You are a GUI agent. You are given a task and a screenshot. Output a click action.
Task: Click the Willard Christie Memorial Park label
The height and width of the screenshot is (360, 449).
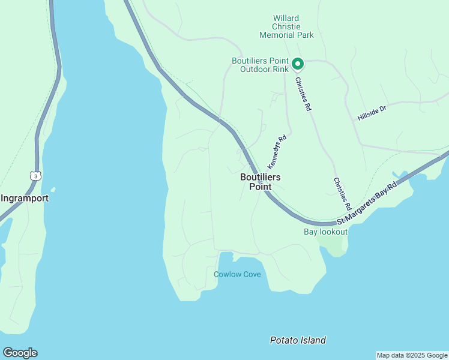pyautogui.click(x=286, y=27)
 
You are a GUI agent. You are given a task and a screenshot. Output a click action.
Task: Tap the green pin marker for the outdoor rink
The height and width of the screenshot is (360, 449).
pyautogui.click(x=297, y=63)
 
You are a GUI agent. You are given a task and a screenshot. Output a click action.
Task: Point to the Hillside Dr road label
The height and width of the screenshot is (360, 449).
pyautogui.click(x=372, y=112)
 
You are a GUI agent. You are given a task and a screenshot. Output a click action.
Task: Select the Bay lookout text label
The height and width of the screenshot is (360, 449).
pyautogui.click(x=325, y=232)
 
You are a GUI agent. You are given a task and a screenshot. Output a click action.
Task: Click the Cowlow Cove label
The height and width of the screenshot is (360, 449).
pyautogui.click(x=237, y=274)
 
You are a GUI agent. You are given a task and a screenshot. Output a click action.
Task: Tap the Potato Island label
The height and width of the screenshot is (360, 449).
pyautogui.click(x=298, y=340)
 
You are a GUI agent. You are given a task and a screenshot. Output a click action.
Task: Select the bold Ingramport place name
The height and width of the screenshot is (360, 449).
pyautogui.click(x=25, y=197)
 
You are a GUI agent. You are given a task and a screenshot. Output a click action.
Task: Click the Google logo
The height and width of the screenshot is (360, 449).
pyautogui.click(x=20, y=353)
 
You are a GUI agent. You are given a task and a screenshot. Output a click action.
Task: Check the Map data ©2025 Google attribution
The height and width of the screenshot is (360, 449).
pyautogui.click(x=412, y=355)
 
